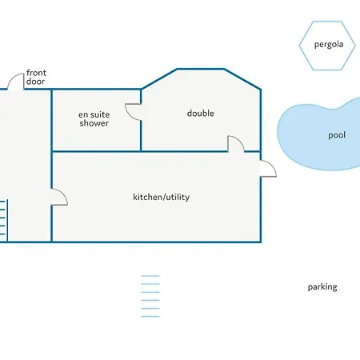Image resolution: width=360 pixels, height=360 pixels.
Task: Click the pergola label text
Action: click(329, 45)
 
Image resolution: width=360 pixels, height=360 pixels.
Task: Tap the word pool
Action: click(337, 135)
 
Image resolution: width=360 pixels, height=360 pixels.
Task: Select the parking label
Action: click(322, 287)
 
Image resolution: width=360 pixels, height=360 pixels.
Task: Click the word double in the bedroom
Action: click(201, 114)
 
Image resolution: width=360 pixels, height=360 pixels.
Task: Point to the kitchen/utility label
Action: click(162, 197)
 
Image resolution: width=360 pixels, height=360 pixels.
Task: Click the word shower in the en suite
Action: click(94, 123)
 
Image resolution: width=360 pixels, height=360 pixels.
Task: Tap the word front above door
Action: click(36, 73)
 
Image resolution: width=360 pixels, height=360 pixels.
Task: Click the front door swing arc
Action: click(13, 78)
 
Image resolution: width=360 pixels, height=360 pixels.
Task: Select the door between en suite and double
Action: click(133, 112)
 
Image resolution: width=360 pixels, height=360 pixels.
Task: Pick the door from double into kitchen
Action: click(236, 144)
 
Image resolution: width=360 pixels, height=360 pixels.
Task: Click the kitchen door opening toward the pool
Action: click(268, 168)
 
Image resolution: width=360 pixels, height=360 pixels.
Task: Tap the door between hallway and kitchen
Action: click(59, 197)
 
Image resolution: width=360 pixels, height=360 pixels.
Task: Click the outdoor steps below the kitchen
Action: click(150, 296)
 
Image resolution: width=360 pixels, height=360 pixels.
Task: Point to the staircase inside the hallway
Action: click(3, 221)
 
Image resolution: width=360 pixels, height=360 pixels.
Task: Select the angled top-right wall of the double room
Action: click(242, 79)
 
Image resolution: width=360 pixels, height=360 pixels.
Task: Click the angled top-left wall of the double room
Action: click(159, 79)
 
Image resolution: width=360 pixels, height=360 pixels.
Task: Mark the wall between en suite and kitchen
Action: click(96, 151)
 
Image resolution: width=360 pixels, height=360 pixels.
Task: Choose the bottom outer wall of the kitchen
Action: click(156, 242)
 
